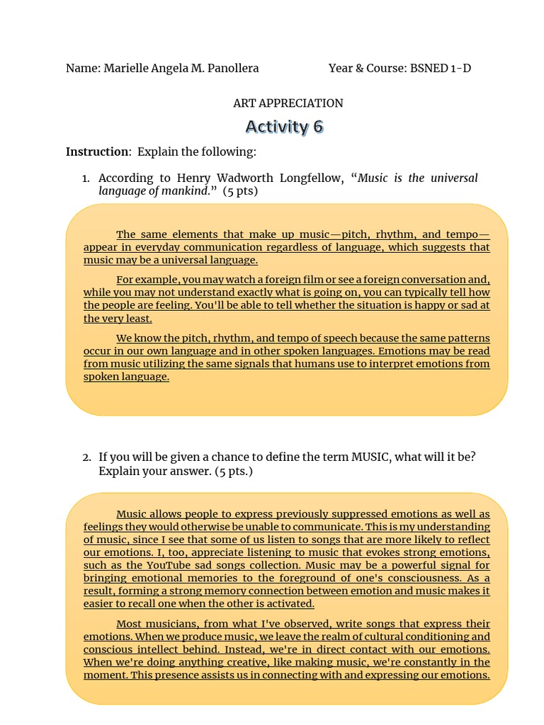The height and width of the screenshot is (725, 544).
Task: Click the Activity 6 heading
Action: [284, 127]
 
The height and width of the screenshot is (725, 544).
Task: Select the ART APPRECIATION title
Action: [288, 103]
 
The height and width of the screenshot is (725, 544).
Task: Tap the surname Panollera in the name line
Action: [229, 68]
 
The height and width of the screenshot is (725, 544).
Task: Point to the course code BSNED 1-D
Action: [441, 68]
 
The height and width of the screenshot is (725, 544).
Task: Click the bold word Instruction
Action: [98, 152]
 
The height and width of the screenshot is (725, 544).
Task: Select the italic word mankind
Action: [186, 191]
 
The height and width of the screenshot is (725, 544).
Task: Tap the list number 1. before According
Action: [86, 178]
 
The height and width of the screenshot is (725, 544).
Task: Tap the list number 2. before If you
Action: [86, 457]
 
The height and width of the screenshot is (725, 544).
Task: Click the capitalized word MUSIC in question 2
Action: [370, 457]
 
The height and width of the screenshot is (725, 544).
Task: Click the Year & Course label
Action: [367, 68]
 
